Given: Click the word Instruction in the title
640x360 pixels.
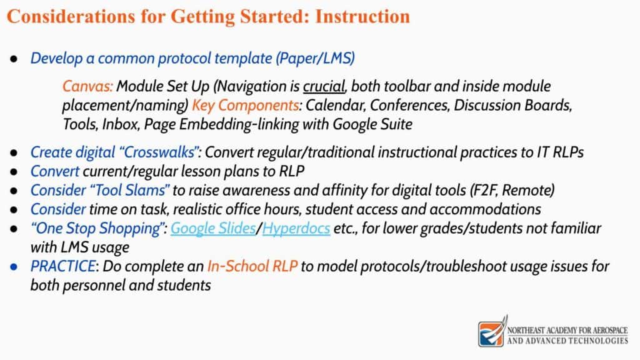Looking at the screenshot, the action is click(362, 16).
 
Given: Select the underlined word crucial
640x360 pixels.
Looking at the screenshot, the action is click(324, 86).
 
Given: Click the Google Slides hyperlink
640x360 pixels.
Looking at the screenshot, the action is click(212, 228).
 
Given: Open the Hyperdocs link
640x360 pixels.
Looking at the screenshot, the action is click(296, 228).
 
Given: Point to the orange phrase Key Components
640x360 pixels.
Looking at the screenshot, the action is click(246, 105).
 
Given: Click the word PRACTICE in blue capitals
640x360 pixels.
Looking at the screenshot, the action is click(63, 266).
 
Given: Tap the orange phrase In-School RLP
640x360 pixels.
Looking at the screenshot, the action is click(252, 266).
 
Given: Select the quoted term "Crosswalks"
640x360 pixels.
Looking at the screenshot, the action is click(159, 152).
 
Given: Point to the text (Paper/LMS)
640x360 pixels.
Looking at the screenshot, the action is click(315, 58).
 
